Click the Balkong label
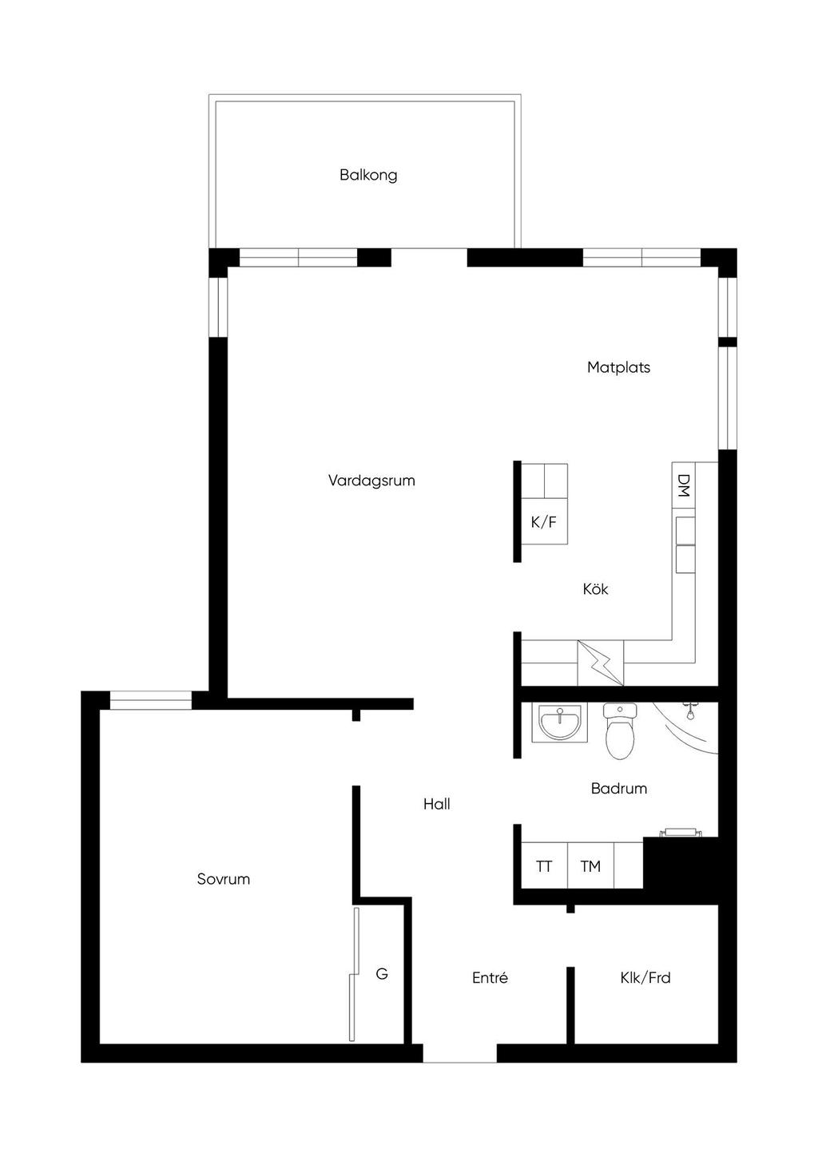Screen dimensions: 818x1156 point(368,176)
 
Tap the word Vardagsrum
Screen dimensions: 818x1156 point(371,481)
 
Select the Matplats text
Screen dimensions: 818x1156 point(618,367)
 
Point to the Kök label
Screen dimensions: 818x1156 point(595,589)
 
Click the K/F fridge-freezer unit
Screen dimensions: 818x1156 point(544,521)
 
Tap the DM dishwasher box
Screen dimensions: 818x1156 point(683,485)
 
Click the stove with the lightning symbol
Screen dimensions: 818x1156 point(600,663)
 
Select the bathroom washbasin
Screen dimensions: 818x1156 point(560,722)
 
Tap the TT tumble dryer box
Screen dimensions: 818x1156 point(544,865)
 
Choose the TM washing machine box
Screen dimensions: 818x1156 point(591,865)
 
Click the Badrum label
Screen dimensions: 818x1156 point(618,789)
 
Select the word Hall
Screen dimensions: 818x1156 point(436,804)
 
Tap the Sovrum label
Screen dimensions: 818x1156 point(223,880)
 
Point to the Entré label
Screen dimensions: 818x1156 point(490,978)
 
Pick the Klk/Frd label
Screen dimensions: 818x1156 point(645,978)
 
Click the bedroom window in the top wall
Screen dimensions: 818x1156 point(150,701)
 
